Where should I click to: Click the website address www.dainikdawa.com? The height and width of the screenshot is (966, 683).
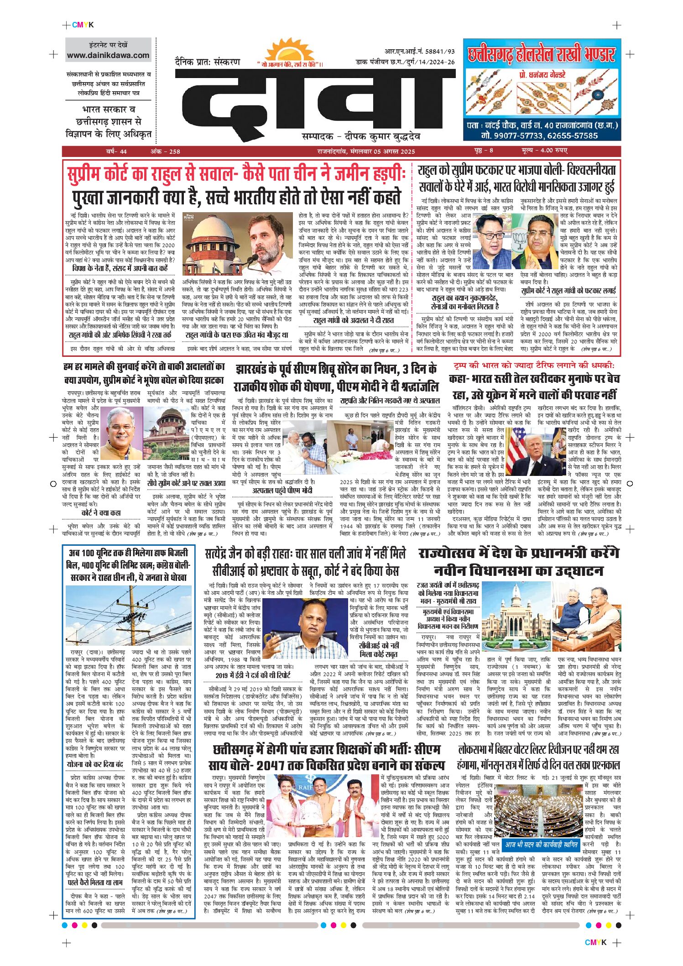pyautogui.click(x=108, y=56)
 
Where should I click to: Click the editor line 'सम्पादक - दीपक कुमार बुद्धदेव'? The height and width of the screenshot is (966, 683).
pyautogui.click(x=361, y=136)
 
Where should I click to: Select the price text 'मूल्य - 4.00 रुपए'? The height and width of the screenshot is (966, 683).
pyautogui.click(x=544, y=151)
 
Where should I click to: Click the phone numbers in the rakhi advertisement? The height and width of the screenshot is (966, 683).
pyautogui.click(x=539, y=136)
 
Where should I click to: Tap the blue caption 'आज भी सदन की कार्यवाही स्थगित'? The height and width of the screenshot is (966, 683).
pyautogui.click(x=542, y=845)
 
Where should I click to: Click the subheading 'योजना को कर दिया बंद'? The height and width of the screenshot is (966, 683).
pyautogui.click(x=95, y=764)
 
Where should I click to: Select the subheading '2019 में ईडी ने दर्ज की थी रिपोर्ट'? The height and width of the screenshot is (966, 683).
pyautogui.click(x=253, y=675)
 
